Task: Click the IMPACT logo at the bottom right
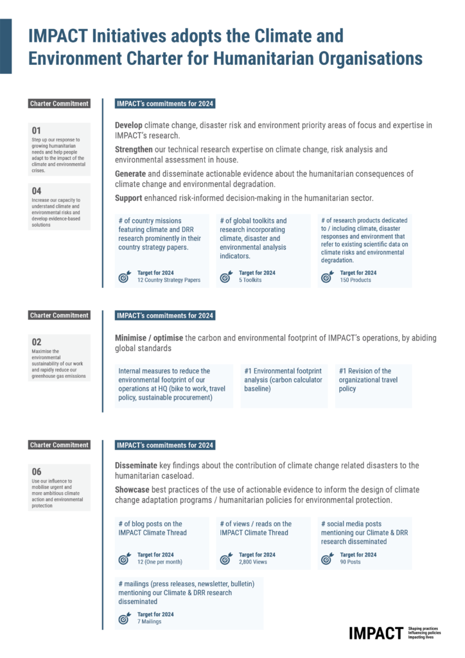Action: [376, 632]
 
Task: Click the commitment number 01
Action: [37, 130]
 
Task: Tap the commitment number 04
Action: [37, 191]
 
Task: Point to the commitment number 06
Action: [37, 472]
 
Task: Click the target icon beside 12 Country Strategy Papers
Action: [125, 277]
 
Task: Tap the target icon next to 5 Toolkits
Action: [226, 277]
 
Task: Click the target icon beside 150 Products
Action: [328, 277]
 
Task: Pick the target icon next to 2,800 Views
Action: [226, 558]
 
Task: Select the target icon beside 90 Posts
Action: [328, 558]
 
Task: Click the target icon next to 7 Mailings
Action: [125, 618]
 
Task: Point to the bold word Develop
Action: [128, 125]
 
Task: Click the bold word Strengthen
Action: [134, 150]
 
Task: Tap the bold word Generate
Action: [130, 174]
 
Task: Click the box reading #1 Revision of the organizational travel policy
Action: [373, 380]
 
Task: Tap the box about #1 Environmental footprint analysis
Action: [284, 380]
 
